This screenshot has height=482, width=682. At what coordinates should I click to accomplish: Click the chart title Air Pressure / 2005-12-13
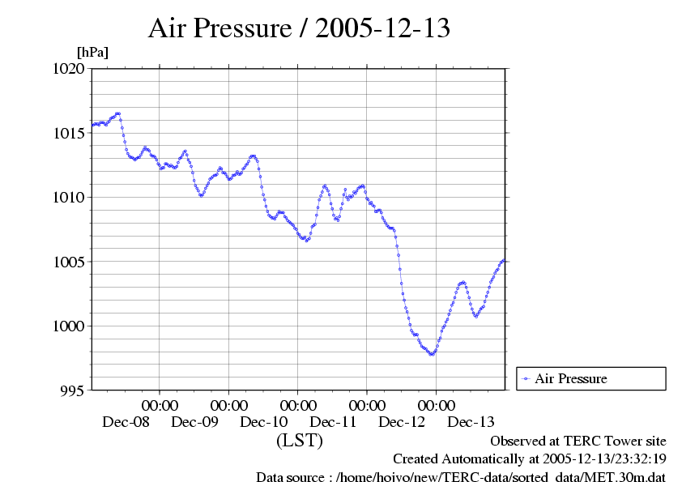pos(299,28)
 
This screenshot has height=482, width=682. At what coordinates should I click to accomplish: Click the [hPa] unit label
pos(92,52)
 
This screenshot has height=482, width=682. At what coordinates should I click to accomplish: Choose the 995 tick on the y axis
pos(73,390)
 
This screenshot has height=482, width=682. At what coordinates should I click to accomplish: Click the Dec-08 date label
pos(126,422)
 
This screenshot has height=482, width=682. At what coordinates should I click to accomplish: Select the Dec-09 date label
pos(194,422)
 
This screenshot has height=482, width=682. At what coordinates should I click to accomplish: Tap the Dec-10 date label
pos(264,422)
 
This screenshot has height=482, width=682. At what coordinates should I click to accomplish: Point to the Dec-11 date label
pos(333,422)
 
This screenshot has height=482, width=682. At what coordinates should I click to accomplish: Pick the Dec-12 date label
pos(402,422)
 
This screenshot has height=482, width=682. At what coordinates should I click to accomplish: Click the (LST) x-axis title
pos(300,441)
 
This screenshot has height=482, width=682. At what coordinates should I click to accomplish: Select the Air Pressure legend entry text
pos(571,378)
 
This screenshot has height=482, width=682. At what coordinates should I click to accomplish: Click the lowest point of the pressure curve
pos(432,354)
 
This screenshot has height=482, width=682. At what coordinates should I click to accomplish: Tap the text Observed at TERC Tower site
pos(578,441)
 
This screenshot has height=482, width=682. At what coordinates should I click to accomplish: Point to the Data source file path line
pos(460,476)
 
